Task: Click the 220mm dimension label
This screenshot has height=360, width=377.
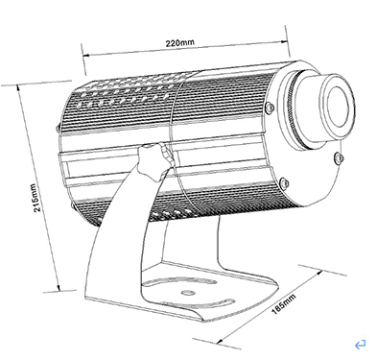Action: coord(179,42)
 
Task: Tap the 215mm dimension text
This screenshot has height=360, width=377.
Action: coord(36,198)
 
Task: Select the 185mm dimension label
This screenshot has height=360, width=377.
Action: coord(283,303)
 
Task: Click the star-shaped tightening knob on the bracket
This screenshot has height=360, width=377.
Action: coord(154,160)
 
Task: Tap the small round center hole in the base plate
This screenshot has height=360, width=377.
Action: coord(188,293)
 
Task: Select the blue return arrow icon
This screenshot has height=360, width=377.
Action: coord(360,345)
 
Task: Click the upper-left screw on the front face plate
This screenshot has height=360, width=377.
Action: coord(270,107)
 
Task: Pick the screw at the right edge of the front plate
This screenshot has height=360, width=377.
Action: coord(339,157)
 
